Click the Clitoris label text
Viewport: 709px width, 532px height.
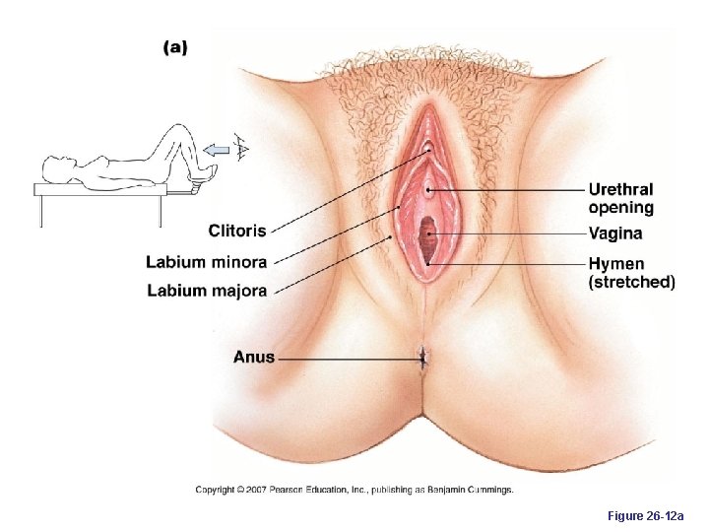tap(236, 232)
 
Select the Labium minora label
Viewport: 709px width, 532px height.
tap(206, 262)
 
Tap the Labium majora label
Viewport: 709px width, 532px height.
tap(207, 290)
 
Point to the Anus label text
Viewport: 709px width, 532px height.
tap(254, 357)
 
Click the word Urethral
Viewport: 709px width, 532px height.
tap(620, 189)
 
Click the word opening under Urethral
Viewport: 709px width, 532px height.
tap(620, 208)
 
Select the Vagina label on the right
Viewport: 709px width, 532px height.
tap(614, 234)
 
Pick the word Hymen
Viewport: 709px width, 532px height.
tap(615, 264)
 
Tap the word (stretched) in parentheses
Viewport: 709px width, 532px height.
tap(631, 283)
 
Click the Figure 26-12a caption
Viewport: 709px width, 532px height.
tap(646, 515)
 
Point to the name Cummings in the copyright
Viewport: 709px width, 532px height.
tap(489, 490)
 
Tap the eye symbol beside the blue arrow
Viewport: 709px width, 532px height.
tap(240, 149)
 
